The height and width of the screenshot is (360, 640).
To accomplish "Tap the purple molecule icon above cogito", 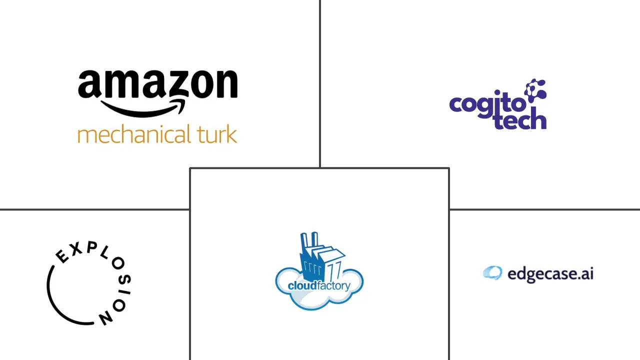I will click(x=535, y=89).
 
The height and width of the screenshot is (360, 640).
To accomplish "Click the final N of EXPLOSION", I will click(x=105, y=318).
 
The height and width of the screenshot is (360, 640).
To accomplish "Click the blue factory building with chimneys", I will click(x=315, y=257).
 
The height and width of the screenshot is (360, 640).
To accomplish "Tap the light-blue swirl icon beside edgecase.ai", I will click(x=492, y=273).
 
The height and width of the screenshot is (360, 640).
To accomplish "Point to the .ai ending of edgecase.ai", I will click(x=585, y=274).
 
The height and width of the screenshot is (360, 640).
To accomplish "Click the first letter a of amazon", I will click(x=89, y=85).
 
